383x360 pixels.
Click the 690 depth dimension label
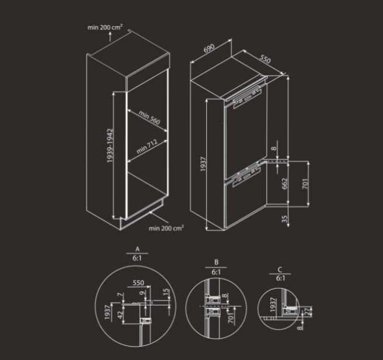(x=208, y=49)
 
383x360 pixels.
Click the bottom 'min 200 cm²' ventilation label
(x=166, y=227)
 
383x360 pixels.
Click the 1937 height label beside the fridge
(x=201, y=164)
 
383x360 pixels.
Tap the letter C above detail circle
(x=280, y=269)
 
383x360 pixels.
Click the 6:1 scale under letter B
(x=215, y=272)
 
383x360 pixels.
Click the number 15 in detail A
(x=166, y=292)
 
